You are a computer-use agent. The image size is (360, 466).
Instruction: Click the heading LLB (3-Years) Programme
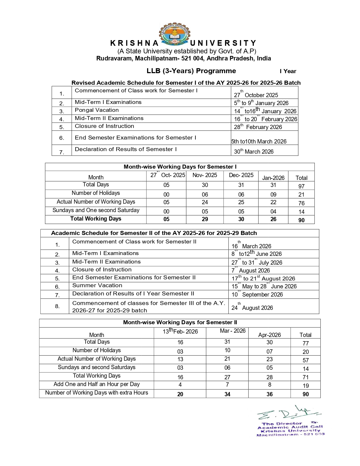tap(191, 71)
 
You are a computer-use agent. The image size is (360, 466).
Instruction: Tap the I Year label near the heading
tap(288, 71)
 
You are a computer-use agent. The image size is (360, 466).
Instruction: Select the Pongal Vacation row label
tap(97, 110)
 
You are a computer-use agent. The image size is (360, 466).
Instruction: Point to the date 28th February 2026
tap(258, 127)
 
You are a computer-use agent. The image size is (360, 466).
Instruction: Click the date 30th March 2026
tap(254, 151)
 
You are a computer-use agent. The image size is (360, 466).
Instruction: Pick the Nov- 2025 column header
tap(205, 175)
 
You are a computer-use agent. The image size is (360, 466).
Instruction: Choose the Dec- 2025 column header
tap(241, 175)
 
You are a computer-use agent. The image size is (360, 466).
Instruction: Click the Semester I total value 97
tap(301, 186)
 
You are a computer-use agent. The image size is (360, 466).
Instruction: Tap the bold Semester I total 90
tap(301, 220)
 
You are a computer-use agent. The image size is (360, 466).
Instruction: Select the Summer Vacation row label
tap(97, 286)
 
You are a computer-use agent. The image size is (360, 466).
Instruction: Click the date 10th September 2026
tap(257, 294)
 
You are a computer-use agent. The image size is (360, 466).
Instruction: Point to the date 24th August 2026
tap(252, 308)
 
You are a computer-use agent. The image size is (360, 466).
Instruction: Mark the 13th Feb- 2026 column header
tap(180, 331)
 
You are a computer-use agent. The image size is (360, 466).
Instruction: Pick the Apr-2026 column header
tap(269, 335)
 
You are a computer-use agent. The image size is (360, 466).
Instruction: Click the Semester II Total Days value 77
tap(306, 343)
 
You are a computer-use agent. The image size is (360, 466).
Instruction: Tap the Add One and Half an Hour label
tap(97, 384)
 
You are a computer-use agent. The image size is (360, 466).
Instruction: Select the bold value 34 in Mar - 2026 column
tap(227, 394)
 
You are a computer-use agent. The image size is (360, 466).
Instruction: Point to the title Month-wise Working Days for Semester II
tap(180, 323)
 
